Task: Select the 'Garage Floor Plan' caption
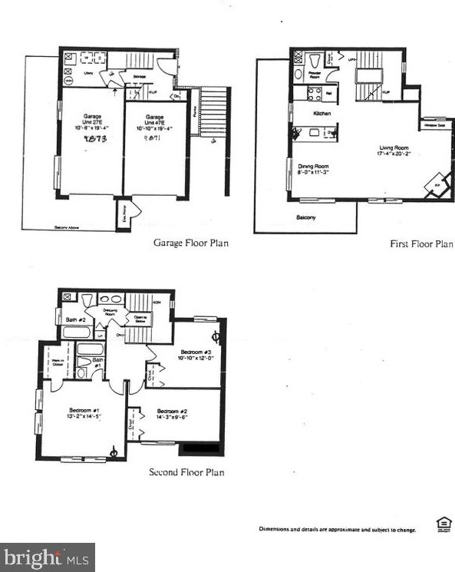[191, 243]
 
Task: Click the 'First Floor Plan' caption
[421, 243]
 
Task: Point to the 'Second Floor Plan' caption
[186, 472]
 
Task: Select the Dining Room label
[313, 167]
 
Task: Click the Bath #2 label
[74, 319]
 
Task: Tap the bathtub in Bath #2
[75, 333]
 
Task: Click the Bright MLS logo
[48, 557]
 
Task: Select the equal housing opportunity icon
[443, 524]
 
